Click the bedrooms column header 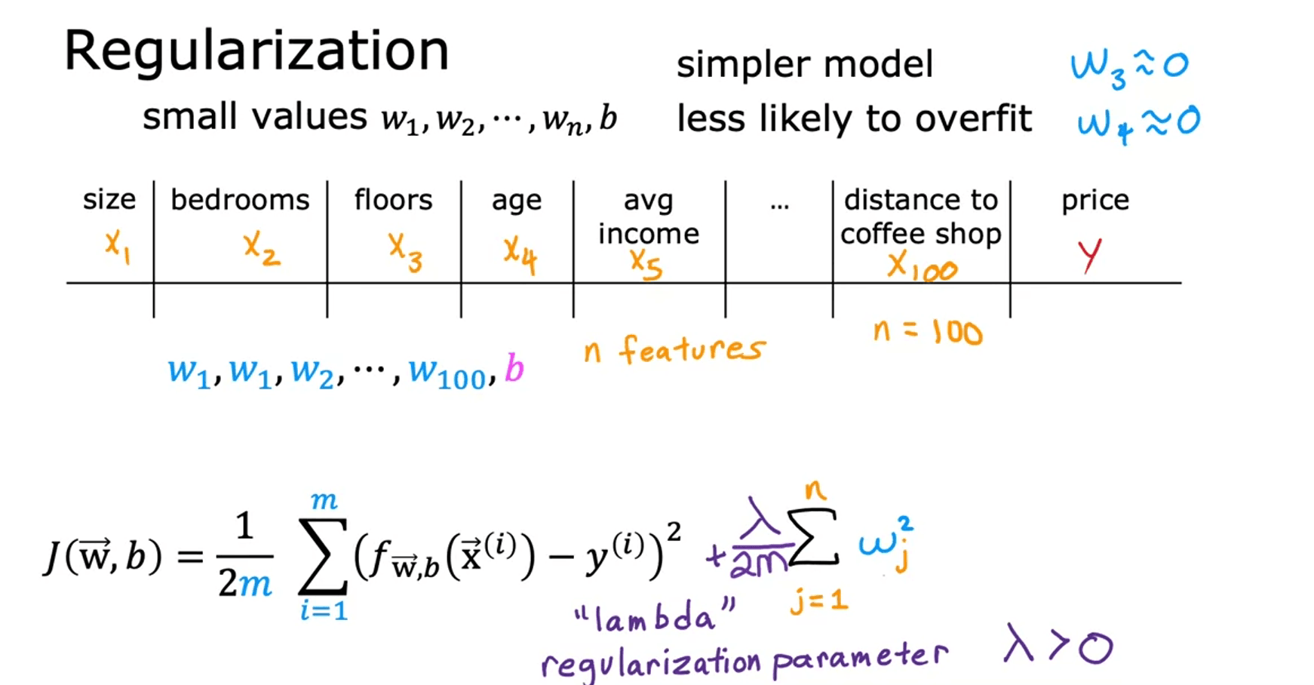tap(240, 200)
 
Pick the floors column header tap(393, 200)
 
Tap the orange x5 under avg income tap(646, 264)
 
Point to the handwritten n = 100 tap(928, 332)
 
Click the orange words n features tap(674, 349)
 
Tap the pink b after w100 tap(514, 369)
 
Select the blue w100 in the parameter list tap(447, 373)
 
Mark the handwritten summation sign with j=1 tap(812, 537)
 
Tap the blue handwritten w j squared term tap(887, 544)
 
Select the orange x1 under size tap(118, 247)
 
